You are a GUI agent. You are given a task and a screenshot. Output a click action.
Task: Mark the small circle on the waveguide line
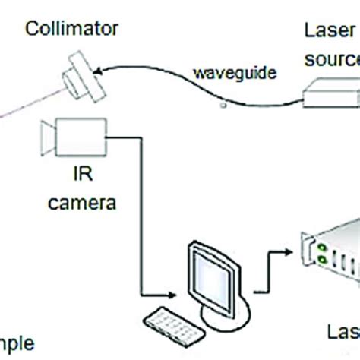[x=223, y=106]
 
